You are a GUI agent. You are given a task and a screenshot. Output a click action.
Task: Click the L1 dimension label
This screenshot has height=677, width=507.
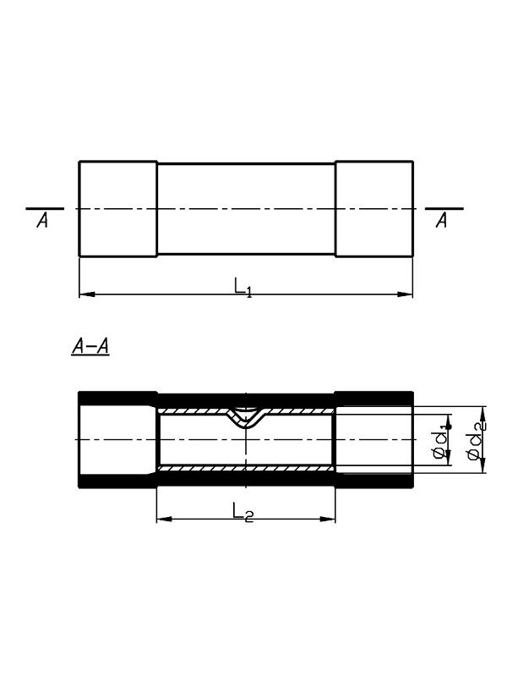(243, 287)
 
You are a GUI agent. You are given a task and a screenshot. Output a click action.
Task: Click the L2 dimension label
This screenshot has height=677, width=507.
(243, 512)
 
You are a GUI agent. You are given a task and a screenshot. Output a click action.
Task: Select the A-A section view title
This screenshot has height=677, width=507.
(90, 347)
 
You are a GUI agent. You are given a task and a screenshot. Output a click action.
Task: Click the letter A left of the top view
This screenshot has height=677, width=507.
(42, 221)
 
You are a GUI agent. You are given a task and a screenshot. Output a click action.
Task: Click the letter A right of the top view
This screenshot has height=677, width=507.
(441, 221)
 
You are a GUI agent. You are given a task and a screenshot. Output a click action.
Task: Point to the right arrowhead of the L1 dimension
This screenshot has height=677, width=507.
(405, 294)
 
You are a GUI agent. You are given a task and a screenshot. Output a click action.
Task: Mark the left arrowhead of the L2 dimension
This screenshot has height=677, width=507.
(165, 519)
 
